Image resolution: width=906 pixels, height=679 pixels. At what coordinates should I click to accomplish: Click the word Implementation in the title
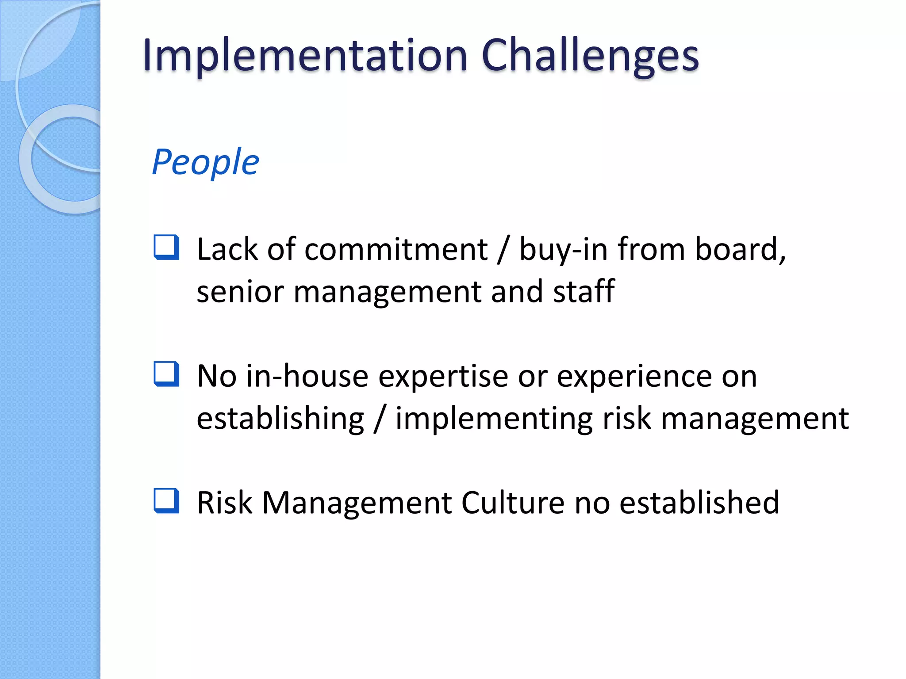click(x=304, y=56)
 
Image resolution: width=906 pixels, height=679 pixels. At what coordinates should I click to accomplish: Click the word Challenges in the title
click(x=590, y=56)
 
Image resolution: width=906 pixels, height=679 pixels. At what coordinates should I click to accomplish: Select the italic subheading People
click(x=205, y=162)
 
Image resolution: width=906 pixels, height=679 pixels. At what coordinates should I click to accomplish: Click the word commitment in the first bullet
click(x=396, y=249)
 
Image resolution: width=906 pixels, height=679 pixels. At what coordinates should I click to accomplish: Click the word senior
click(x=240, y=292)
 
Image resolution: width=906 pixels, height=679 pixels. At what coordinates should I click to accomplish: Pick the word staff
click(x=584, y=292)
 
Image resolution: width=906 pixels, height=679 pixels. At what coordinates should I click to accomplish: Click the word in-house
click(x=307, y=376)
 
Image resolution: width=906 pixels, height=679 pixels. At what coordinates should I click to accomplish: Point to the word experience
click(x=634, y=376)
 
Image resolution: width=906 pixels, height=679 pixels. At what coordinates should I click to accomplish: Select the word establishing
click(x=280, y=419)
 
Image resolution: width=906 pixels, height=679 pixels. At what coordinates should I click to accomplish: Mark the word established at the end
click(x=699, y=503)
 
